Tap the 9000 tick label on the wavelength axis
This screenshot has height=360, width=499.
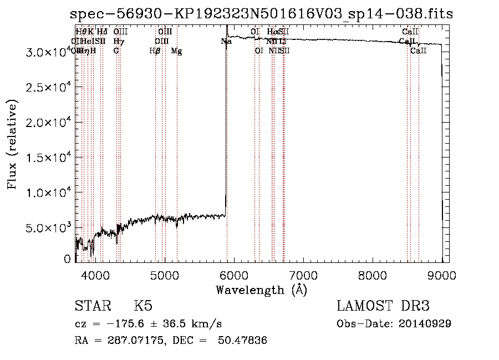(442, 275)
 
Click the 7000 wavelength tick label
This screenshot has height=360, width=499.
(303, 275)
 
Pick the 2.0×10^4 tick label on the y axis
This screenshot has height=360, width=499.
(49, 122)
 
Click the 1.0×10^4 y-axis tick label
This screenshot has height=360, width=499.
(49, 192)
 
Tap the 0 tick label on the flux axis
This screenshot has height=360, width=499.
(68, 259)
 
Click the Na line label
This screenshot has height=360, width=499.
(226, 42)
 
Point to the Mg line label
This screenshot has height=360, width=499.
(176, 51)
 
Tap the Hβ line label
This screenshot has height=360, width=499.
(155, 51)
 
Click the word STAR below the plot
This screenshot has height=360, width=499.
(92, 306)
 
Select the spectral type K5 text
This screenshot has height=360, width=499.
(143, 306)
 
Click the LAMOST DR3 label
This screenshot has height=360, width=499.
(383, 306)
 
